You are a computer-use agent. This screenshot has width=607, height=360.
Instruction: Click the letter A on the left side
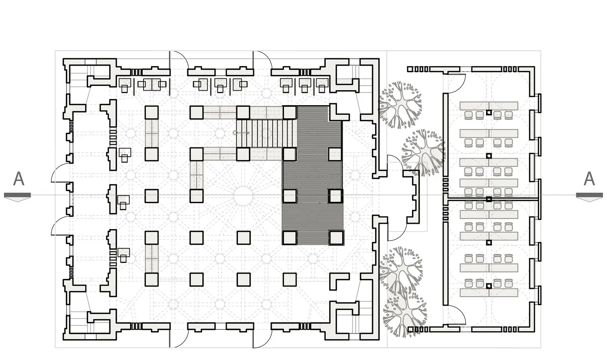[19, 179]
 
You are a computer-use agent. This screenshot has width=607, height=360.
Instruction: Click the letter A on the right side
[589, 179]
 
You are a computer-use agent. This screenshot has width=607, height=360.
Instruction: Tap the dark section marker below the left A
[18, 197]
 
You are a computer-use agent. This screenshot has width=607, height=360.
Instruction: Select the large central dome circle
[243, 195]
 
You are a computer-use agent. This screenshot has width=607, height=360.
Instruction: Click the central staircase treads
[266, 133]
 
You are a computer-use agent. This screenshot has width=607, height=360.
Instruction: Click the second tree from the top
[423, 152]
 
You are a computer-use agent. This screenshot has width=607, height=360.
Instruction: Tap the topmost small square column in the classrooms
[488, 112]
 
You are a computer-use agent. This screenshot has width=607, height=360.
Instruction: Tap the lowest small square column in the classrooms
[488, 286]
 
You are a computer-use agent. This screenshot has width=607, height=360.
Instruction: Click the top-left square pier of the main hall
[152, 112]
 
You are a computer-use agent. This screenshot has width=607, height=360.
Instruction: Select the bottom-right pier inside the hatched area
[336, 238]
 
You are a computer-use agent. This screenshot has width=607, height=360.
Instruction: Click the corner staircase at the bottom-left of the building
[79, 322]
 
